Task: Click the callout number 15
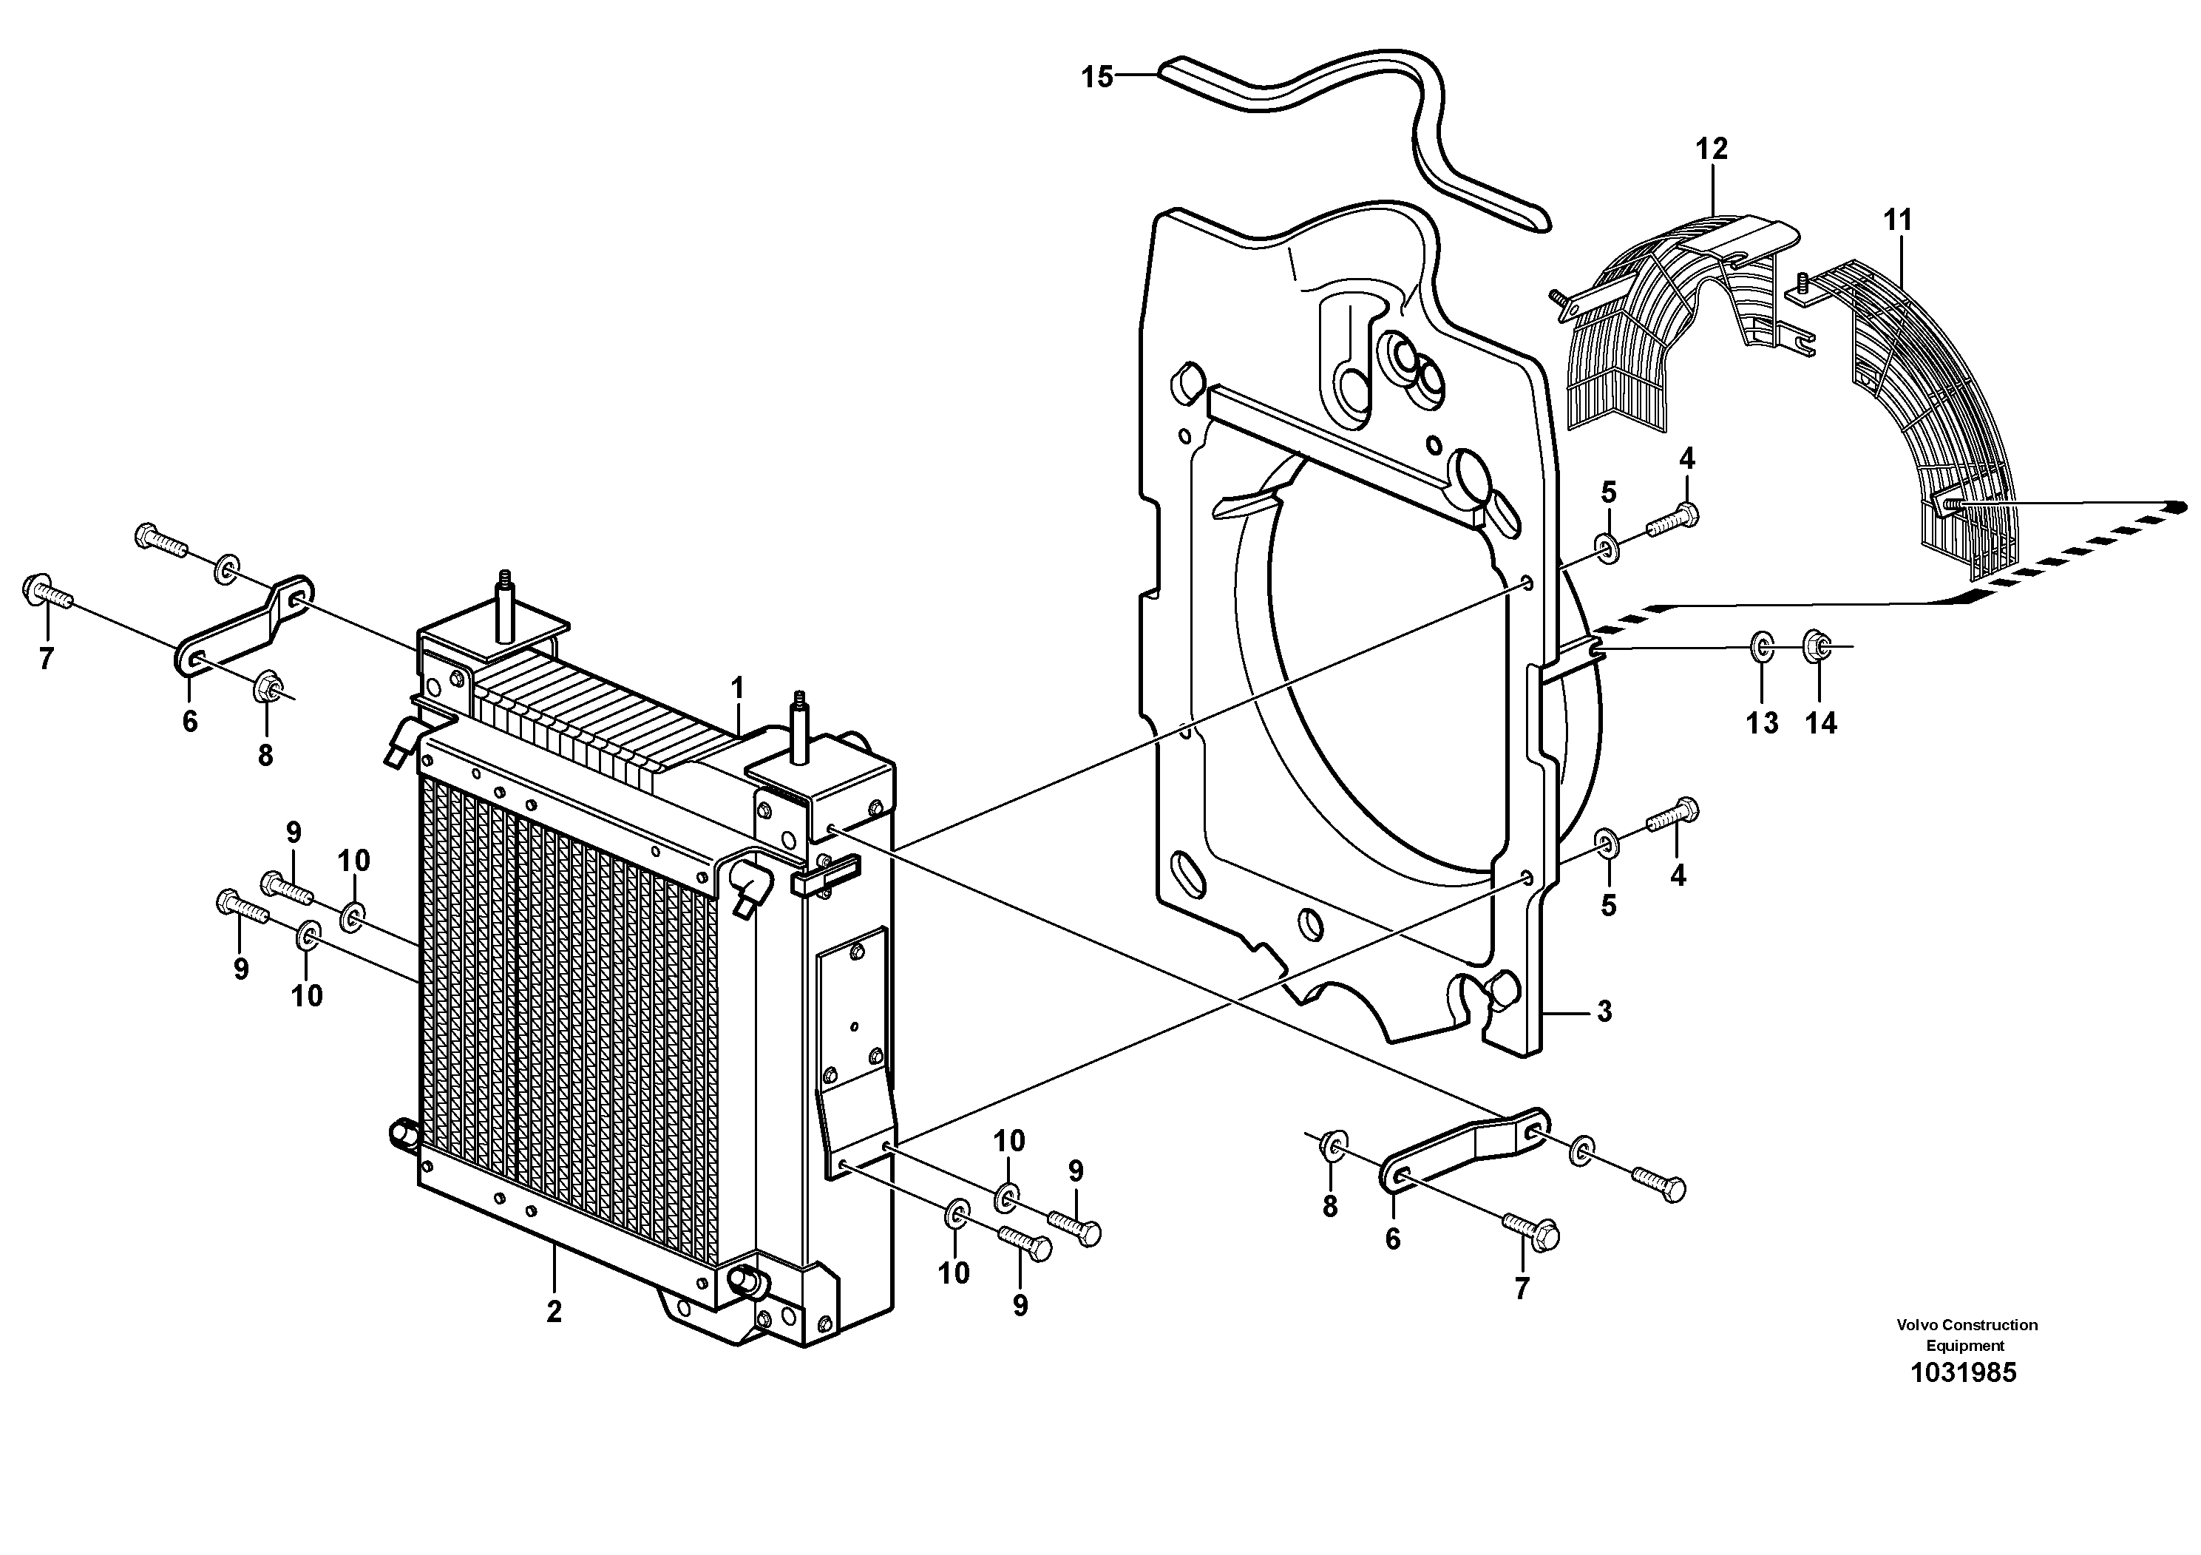pos(1098,77)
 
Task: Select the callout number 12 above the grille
pos(1711,149)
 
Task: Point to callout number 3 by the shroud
pos(1604,1012)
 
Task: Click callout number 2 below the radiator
pos(553,1312)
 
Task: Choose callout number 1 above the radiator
pos(737,688)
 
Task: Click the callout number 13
pos(1762,723)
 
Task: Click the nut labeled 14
pos(1814,646)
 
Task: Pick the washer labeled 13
pos(1762,647)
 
